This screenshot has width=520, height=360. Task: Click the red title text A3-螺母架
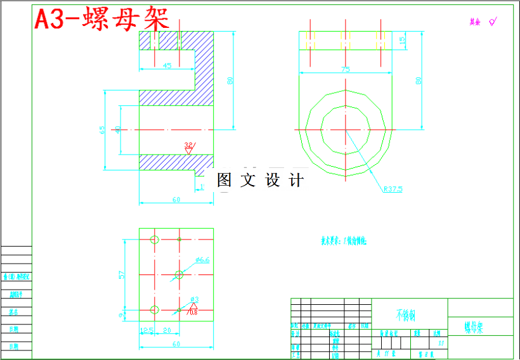point(101,19)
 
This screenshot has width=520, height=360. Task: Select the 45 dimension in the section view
point(167,65)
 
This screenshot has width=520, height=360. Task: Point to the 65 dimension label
point(102,130)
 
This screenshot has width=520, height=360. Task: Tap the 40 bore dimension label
point(117,129)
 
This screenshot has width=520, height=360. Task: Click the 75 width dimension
point(346,70)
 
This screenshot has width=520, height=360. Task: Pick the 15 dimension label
point(402,40)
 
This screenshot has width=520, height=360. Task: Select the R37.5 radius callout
point(393,188)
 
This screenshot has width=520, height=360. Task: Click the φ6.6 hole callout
point(202,260)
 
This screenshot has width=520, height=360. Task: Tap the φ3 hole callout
point(195,299)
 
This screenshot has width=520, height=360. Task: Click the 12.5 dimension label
point(146,330)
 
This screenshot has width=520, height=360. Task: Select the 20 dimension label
point(167,330)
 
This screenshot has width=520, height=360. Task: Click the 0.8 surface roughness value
point(193,312)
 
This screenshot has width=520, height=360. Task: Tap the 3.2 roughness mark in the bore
point(188,145)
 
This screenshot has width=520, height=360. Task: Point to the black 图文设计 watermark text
point(260,180)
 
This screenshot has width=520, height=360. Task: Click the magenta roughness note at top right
point(482,22)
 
